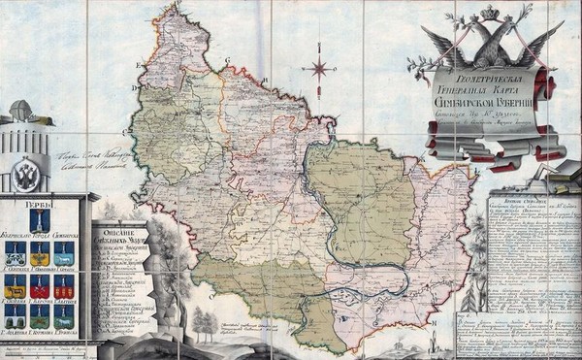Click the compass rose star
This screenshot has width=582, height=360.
pos(317,68)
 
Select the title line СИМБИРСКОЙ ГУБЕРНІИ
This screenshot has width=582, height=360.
pos(497,100)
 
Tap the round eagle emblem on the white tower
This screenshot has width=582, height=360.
pos(27,175)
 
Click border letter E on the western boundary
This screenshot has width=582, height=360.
pos(138,66)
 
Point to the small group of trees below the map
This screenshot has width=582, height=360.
pos(206,321)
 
